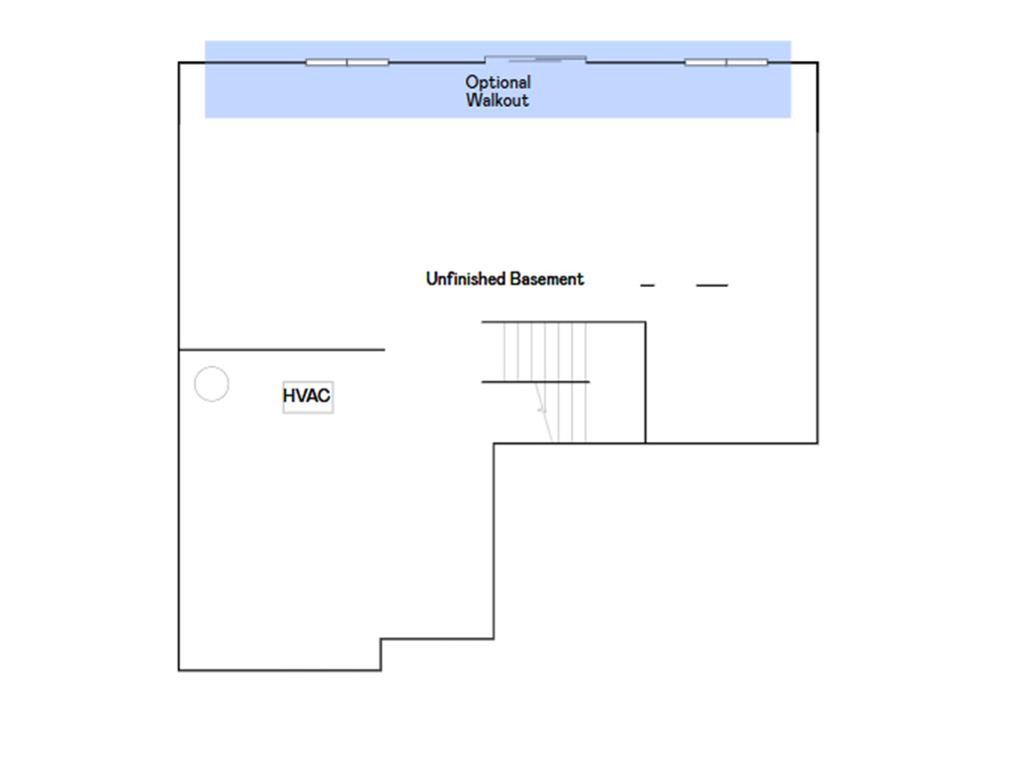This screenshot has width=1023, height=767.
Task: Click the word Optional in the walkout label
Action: tap(498, 82)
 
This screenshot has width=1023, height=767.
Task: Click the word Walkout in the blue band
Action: tap(498, 100)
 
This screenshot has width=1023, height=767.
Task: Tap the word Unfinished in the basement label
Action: tap(466, 279)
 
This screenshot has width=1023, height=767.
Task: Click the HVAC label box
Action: tap(308, 396)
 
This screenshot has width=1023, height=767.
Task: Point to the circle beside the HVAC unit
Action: tap(212, 368)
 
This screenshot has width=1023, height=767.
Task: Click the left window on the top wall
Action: tap(348, 63)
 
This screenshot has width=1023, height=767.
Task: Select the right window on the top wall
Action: tap(726, 63)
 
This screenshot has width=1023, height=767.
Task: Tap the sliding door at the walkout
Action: tap(535, 60)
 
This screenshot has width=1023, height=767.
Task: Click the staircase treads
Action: tap(545, 382)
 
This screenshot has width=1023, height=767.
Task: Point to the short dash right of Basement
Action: tap(647, 285)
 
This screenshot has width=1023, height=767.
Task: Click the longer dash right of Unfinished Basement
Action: tap(711, 285)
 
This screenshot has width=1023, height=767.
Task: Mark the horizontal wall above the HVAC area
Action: tap(282, 350)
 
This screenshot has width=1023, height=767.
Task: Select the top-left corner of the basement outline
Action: tap(179, 63)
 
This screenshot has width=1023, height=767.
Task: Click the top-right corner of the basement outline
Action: tap(817, 63)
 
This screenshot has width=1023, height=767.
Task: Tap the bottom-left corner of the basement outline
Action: tap(179, 670)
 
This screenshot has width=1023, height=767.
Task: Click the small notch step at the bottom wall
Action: tap(381, 654)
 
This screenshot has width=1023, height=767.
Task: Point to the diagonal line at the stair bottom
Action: tap(543, 412)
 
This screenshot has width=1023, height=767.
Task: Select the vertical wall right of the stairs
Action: tap(646, 383)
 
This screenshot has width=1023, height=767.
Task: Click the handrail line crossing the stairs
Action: tap(535, 382)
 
